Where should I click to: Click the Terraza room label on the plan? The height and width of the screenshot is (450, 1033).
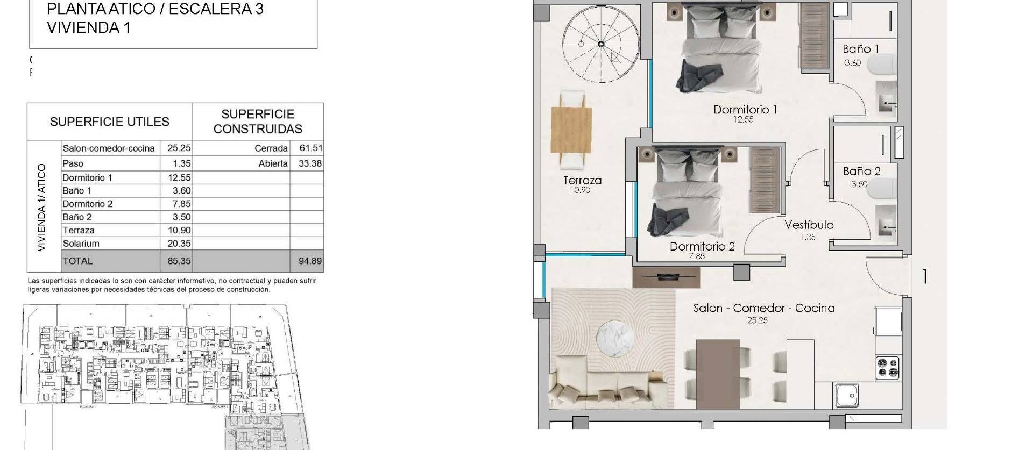582,181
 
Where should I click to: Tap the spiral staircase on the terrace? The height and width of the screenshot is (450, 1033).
601,44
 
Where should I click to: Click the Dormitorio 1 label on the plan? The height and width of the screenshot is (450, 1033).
745,110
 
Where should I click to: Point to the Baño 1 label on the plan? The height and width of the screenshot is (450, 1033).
860,49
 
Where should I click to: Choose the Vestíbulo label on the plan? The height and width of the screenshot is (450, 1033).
809,225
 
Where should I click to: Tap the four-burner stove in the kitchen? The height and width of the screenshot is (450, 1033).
887,368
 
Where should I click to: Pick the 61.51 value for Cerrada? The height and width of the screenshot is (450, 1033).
310,148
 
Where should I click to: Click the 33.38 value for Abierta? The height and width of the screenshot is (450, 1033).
310,163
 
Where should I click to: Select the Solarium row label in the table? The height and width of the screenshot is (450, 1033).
81,244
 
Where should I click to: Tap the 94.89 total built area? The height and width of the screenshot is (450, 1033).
310,261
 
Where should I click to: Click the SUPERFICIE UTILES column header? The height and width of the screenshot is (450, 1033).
110,122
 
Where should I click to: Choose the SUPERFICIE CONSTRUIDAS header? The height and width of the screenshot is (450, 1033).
258,122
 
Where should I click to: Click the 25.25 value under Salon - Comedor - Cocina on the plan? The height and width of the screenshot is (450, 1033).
757,320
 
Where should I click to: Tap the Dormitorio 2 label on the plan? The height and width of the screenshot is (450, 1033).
702,247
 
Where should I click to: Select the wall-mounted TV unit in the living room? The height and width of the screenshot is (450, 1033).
666,277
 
